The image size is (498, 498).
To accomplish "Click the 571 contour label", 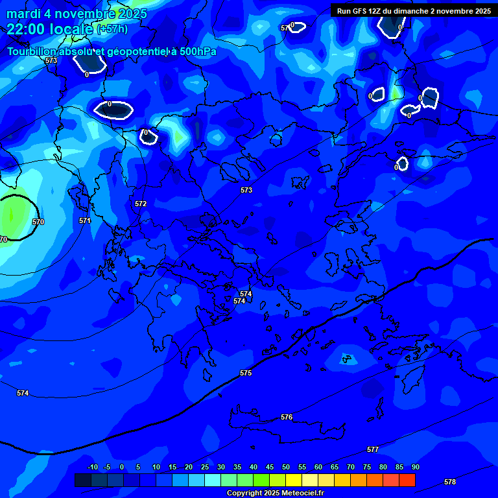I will [85, 220].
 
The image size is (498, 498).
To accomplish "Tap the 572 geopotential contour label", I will [141, 204].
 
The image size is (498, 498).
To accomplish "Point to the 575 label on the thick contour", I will [246, 373].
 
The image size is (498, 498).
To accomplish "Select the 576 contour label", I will [287, 417].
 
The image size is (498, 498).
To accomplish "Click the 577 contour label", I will [373, 449].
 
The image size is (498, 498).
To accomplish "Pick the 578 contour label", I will [450, 482].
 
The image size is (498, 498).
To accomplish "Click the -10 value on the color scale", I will [93, 467].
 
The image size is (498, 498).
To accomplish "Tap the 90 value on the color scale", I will [415, 467].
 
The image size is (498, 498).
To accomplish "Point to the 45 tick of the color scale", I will [269, 467].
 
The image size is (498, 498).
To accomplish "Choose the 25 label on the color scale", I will [204, 467].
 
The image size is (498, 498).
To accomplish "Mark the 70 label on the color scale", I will [350, 467].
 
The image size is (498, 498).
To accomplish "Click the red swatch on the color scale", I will [407, 480].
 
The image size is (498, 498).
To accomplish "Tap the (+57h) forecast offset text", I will [112, 29].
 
